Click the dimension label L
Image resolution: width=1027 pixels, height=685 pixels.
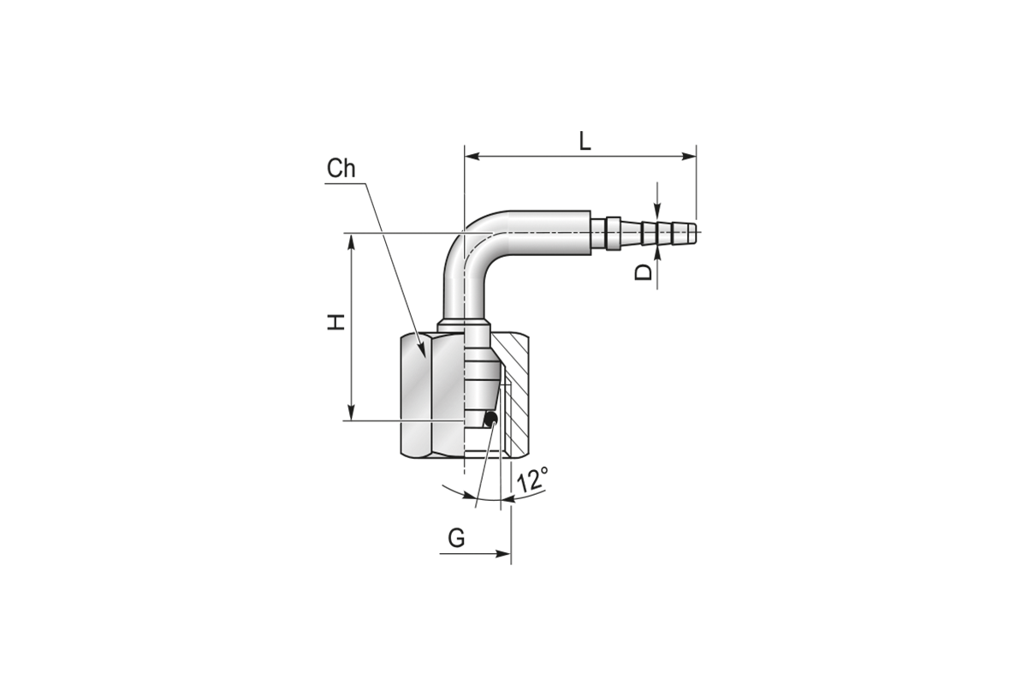[585, 141]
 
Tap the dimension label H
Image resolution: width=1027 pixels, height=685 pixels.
[336, 322]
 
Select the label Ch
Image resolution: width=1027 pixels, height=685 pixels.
[341, 169]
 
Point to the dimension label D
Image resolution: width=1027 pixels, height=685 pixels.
[643, 272]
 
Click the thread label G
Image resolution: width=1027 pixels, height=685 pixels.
[456, 538]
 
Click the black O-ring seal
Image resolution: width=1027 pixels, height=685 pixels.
[491, 419]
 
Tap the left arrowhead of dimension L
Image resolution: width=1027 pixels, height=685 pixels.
[472, 157]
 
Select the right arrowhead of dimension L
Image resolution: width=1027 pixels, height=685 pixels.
[689, 157]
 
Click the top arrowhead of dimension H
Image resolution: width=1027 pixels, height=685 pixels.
[352, 241]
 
